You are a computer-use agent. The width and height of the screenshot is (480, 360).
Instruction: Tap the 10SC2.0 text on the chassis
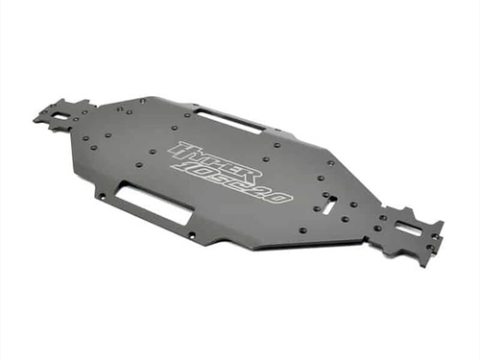[231, 183]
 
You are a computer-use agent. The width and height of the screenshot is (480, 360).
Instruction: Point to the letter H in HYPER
[181, 150]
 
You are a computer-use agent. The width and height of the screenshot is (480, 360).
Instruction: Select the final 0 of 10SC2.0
[277, 197]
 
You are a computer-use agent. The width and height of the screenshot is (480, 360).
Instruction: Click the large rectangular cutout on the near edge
[153, 205]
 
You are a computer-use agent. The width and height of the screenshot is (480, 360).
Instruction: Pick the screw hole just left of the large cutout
[102, 196]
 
